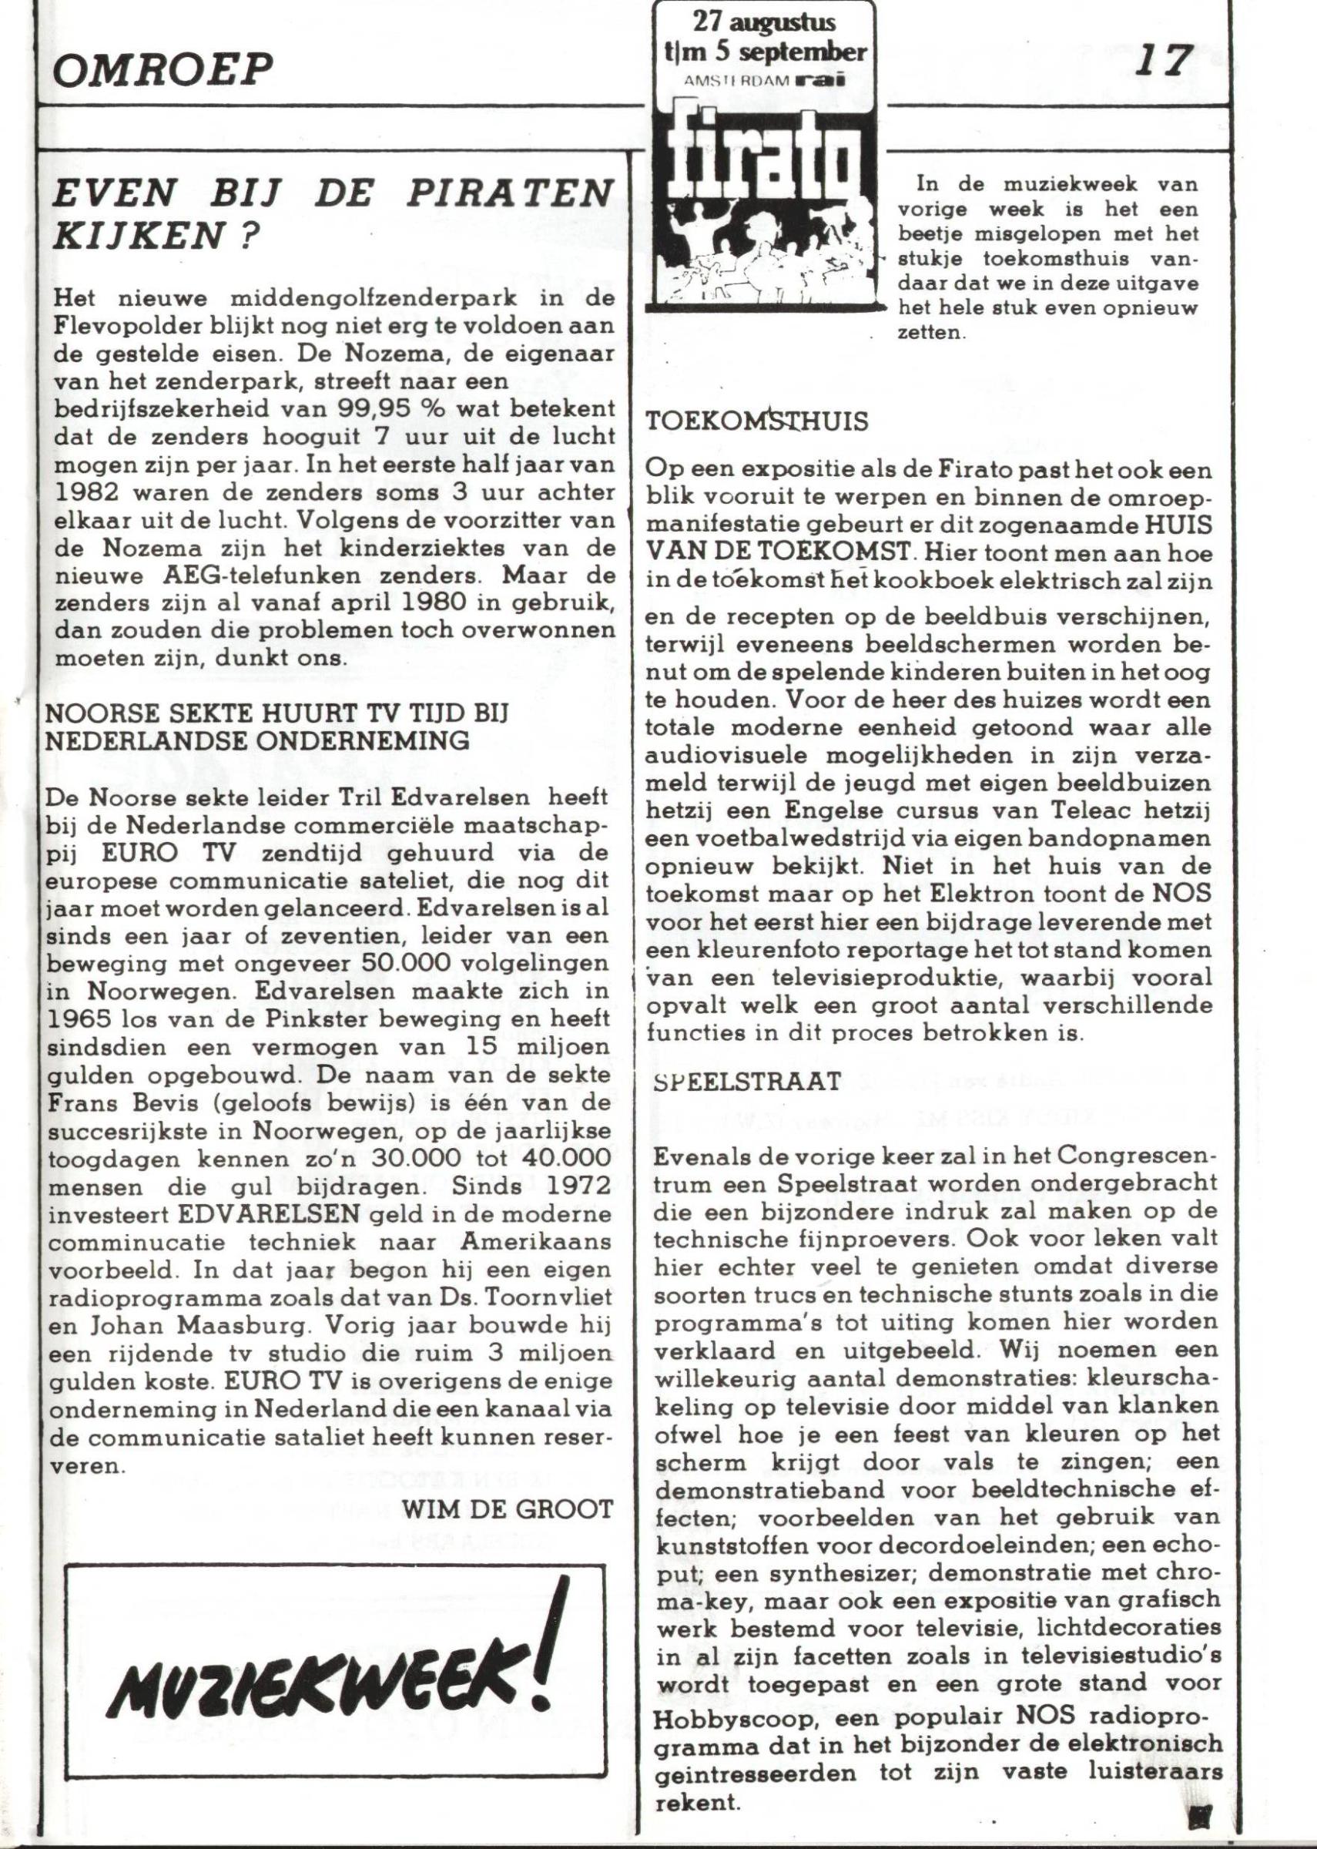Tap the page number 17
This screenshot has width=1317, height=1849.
1165,62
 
